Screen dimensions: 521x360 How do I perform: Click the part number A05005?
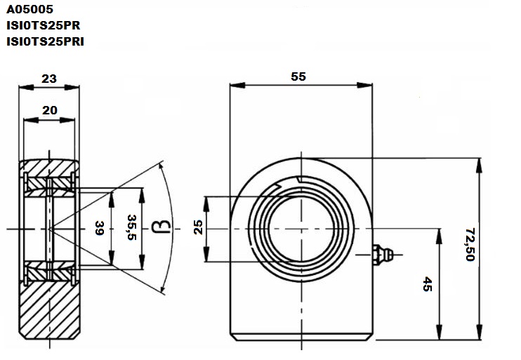click(29, 9)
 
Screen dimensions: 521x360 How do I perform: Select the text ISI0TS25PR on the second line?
click(44, 25)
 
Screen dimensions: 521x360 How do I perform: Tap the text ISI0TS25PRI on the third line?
click(45, 41)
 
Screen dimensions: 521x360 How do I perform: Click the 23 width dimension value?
click(49, 79)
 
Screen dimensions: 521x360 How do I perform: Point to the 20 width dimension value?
click(50, 110)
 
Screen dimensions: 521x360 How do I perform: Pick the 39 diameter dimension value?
click(100, 228)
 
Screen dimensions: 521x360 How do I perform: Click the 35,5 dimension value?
click(132, 227)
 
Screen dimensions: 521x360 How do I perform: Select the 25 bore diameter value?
click(198, 227)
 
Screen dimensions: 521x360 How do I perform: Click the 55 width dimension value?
click(298, 76)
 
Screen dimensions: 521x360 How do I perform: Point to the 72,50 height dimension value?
click(470, 244)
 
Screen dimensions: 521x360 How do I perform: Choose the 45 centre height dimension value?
click(428, 285)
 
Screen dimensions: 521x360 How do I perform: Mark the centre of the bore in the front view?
click(301, 229)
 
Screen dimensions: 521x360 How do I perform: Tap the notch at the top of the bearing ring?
click(300, 180)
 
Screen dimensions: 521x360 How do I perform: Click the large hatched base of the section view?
click(49, 309)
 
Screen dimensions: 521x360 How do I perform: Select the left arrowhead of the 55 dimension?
click(237, 86)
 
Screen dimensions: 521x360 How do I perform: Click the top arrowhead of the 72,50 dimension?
click(479, 166)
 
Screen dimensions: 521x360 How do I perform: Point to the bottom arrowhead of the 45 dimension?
click(439, 333)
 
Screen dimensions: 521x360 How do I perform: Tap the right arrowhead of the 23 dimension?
click(72, 88)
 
